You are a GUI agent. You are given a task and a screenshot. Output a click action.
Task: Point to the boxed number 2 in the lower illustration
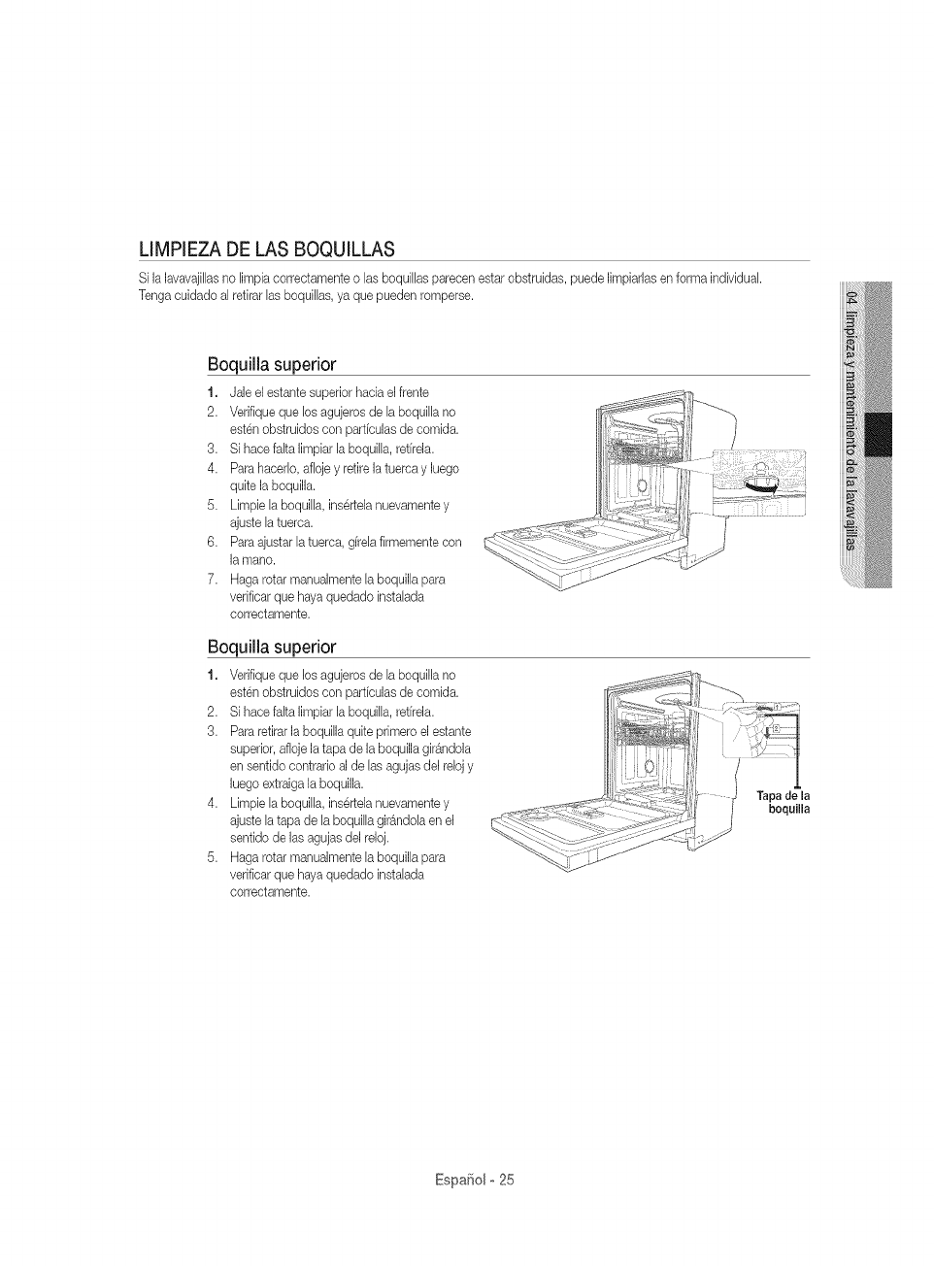click(774, 728)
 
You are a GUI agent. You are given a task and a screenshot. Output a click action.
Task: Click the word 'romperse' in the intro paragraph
click(448, 295)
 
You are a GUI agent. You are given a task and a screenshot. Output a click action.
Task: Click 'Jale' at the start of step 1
click(240, 392)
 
